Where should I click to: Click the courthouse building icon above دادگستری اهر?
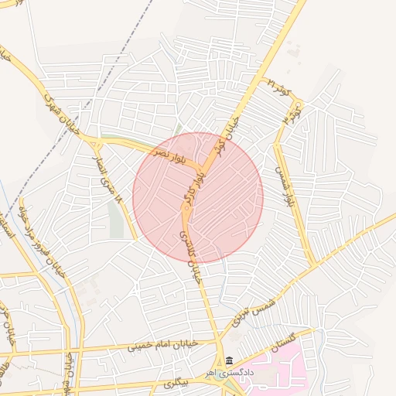(228, 361)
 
